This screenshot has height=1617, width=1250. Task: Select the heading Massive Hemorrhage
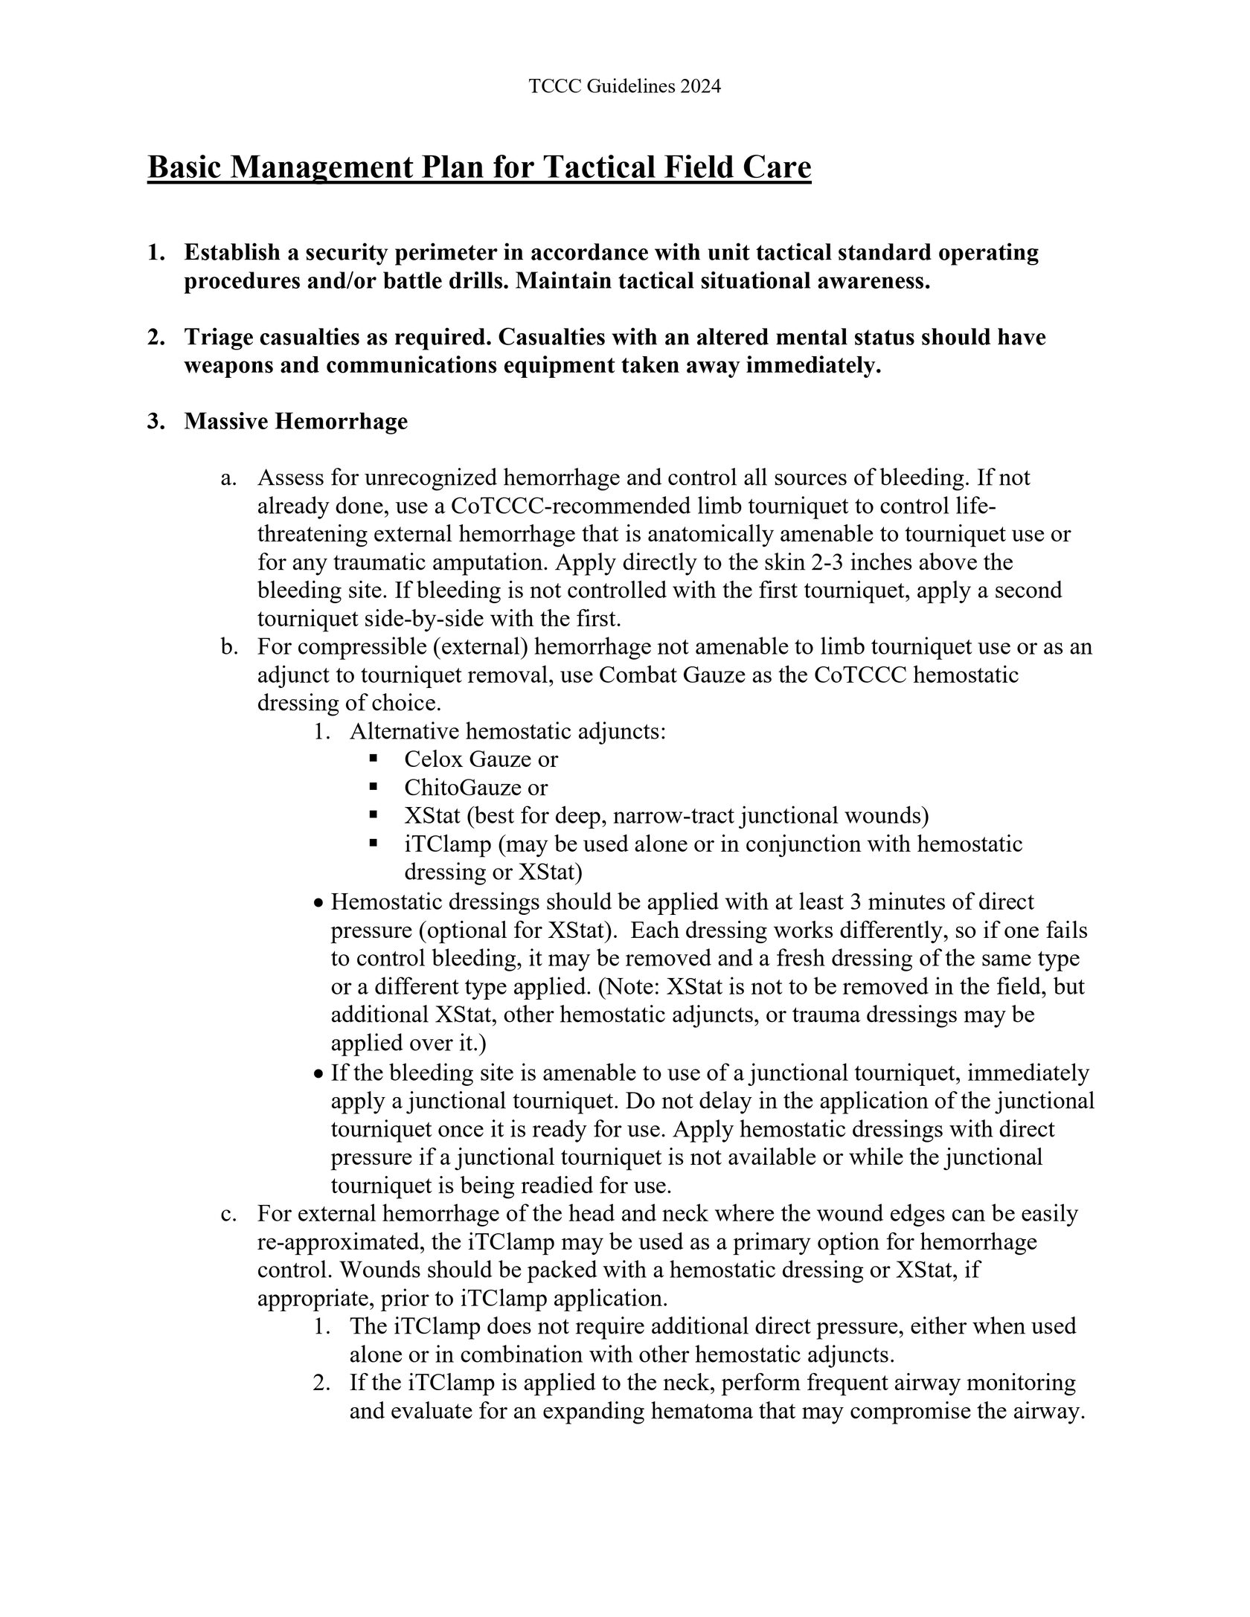point(296,422)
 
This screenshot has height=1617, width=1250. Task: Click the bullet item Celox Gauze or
point(481,759)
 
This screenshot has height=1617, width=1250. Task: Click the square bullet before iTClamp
point(374,843)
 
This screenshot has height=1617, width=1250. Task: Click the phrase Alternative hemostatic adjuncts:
point(507,732)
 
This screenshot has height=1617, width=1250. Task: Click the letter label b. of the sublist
point(229,647)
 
